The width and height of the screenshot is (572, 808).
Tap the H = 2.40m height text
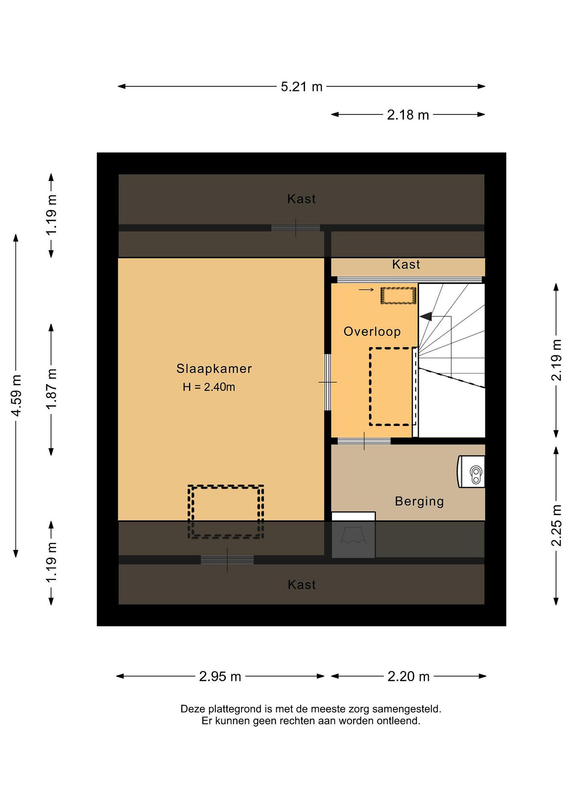point(209,387)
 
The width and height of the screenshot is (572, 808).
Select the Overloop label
point(372,332)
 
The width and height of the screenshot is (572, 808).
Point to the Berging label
point(419,501)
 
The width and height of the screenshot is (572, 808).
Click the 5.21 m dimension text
point(302,87)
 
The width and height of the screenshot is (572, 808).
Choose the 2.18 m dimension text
point(408,115)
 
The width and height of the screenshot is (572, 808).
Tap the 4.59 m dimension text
point(17,395)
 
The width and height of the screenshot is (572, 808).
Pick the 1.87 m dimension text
point(51,389)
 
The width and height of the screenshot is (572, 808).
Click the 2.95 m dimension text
point(220,676)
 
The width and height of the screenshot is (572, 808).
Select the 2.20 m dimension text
point(409,676)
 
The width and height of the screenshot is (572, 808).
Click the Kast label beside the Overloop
point(406,264)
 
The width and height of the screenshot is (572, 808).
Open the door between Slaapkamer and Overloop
point(328,382)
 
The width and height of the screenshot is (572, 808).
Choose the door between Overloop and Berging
point(364,441)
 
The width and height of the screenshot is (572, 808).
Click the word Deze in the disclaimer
point(193,709)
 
